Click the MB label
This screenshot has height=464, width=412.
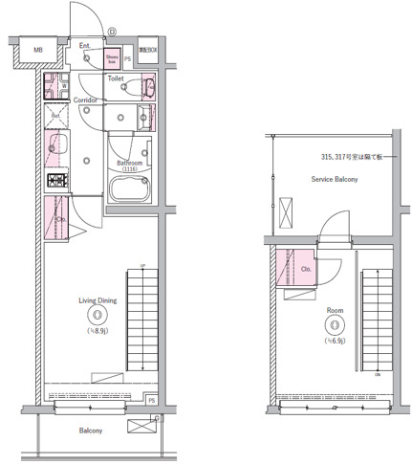coord(37,50)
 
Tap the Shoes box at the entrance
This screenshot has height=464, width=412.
coord(112,60)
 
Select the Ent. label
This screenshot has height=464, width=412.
coord(84,45)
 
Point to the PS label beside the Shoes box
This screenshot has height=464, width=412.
coord(127,60)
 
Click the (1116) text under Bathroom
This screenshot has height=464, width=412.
coord(130,170)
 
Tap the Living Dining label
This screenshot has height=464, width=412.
coord(97,300)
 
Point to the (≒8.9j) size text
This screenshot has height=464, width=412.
coord(97,331)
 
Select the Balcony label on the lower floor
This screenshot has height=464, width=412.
coord(91,431)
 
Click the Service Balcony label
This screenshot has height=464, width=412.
coord(334,178)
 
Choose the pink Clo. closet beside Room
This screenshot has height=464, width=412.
coord(304,268)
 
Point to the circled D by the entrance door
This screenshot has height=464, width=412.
coord(113,31)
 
